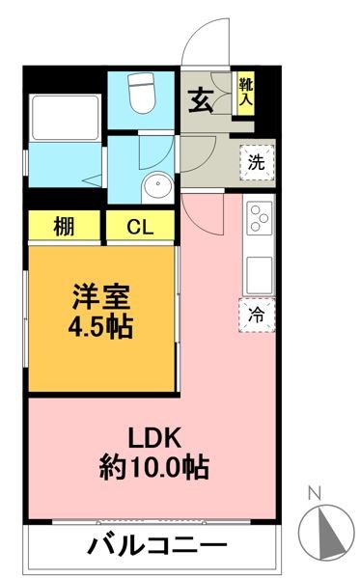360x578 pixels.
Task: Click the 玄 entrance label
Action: coord(201,99)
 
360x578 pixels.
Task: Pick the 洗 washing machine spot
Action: coord(256,162)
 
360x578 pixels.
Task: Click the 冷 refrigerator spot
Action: coord(257,314)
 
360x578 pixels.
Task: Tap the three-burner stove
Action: coord(258,221)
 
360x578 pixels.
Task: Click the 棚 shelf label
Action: coord(64,229)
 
